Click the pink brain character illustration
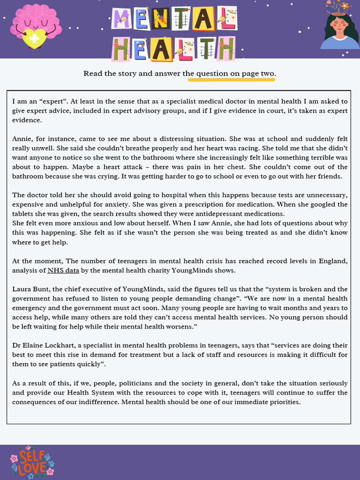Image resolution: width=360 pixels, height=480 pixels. point(36,23)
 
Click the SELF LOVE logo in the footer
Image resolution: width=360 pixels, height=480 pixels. point(32,462)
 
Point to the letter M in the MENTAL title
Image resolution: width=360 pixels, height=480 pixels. point(123,19)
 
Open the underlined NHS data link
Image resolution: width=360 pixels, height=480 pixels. point(63,270)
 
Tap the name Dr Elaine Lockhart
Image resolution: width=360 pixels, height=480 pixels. point(43,345)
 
